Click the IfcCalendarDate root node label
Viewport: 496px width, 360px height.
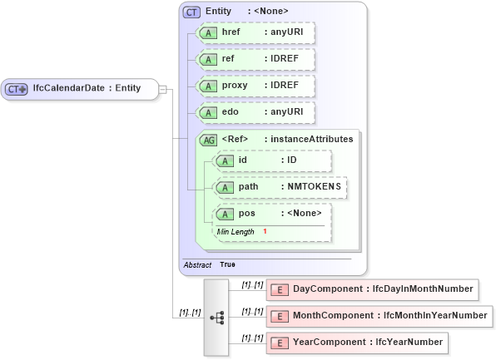pos(86,88)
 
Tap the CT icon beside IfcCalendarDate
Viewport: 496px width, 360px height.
pos(17,88)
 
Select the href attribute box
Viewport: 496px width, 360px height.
pos(254,32)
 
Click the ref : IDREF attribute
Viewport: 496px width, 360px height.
pos(254,59)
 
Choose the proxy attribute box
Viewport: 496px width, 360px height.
pos(254,86)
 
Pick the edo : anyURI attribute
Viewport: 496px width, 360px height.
pos(254,112)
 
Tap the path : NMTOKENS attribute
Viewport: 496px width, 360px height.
pos(280,187)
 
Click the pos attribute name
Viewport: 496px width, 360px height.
pos(247,214)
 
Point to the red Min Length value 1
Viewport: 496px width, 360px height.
pos(265,231)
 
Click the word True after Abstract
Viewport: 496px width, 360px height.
pos(227,264)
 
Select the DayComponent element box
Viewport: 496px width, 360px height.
pos(371,289)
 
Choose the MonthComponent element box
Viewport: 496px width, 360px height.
pos(379,316)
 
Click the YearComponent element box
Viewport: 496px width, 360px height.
pos(356,343)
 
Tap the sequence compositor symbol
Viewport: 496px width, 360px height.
pos(216,317)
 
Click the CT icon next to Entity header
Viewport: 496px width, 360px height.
pos(191,11)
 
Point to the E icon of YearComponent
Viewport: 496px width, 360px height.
pos(280,343)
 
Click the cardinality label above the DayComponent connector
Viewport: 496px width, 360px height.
pos(252,284)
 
